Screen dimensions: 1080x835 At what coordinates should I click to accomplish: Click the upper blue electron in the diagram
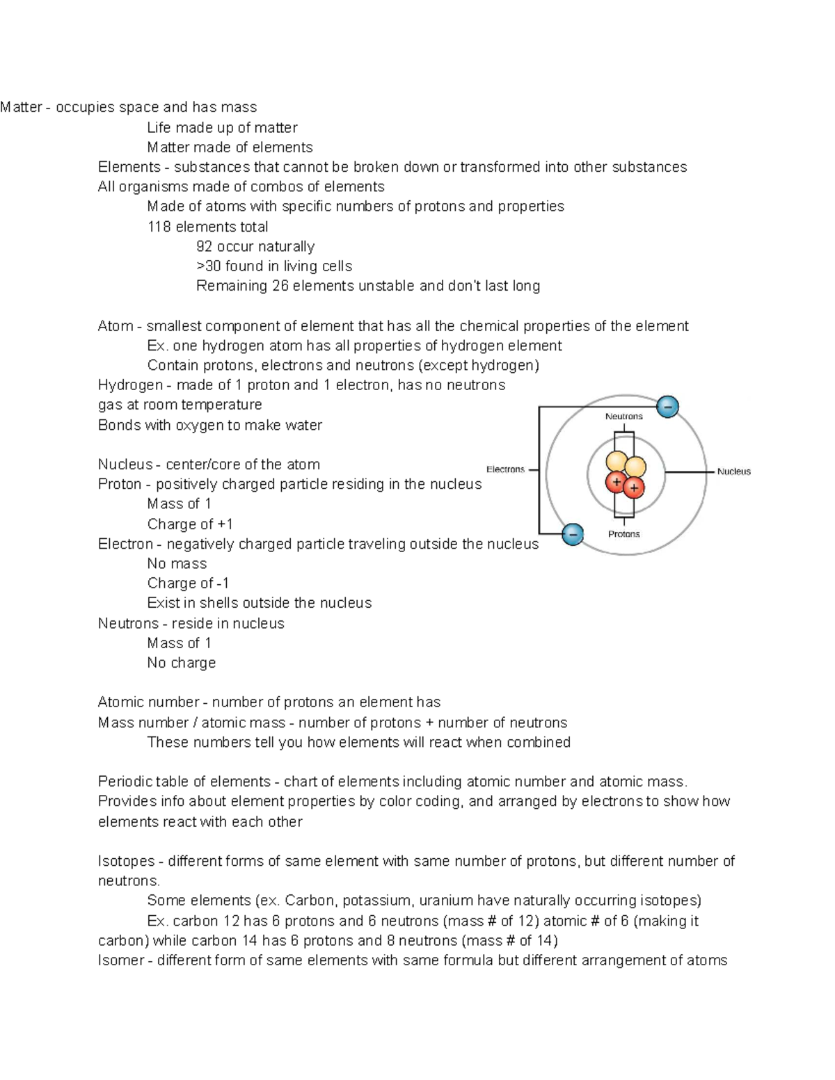pyautogui.click(x=667, y=407)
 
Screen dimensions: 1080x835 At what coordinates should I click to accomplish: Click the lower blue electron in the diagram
pyautogui.click(x=572, y=534)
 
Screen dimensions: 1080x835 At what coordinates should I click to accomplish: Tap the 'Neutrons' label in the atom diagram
pyautogui.click(x=623, y=417)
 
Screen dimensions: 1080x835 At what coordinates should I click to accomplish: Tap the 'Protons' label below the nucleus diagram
pyautogui.click(x=623, y=534)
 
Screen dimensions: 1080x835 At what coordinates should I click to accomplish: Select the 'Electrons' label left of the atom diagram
pyautogui.click(x=505, y=469)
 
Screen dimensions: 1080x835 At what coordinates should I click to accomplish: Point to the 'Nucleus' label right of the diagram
pyautogui.click(x=733, y=472)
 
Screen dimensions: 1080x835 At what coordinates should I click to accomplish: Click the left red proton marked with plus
pyautogui.click(x=616, y=481)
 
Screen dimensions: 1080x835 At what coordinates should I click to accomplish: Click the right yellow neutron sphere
pyautogui.click(x=635, y=467)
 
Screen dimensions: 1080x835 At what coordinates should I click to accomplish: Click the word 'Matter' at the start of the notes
pyautogui.click(x=21, y=107)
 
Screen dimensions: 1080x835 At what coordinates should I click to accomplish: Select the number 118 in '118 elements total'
pyautogui.click(x=159, y=227)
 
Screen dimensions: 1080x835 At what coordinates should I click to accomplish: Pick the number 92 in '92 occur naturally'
pyautogui.click(x=205, y=247)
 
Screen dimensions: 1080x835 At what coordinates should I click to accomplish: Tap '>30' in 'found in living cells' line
pyautogui.click(x=209, y=266)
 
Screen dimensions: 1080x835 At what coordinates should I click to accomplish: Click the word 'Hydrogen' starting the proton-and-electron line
pyautogui.click(x=130, y=385)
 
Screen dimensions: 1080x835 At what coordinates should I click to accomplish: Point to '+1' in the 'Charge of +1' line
pyautogui.click(x=225, y=524)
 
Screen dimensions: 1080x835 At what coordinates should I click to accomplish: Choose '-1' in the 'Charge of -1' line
pyautogui.click(x=223, y=583)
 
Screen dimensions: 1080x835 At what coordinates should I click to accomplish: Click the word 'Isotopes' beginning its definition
pyautogui.click(x=126, y=862)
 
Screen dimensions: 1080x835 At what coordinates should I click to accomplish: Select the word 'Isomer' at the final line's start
pyautogui.click(x=120, y=960)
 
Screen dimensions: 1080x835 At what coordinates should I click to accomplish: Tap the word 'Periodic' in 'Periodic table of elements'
pyautogui.click(x=125, y=782)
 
